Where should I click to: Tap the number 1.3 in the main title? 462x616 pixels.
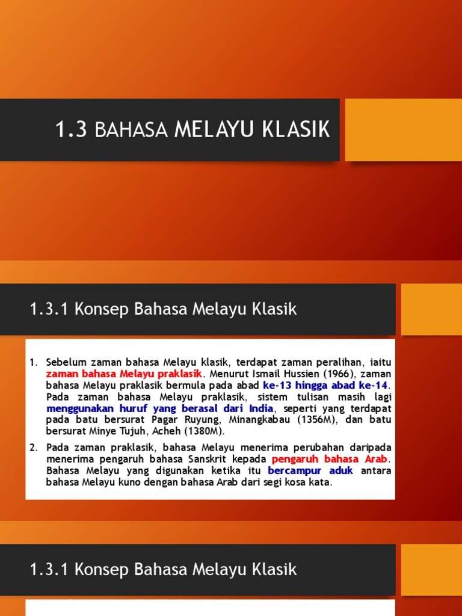point(72,129)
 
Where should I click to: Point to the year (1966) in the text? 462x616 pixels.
point(335,374)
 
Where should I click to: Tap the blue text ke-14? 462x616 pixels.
point(374,385)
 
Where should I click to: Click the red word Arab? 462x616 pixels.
point(376,459)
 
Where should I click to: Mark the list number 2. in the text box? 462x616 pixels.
point(34,448)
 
